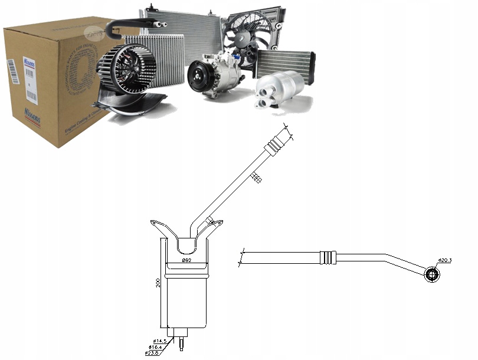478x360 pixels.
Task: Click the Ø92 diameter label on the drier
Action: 186,260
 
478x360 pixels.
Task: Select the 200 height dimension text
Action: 159,283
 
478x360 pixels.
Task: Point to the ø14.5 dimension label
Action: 159,341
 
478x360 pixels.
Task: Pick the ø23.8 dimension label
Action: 152,353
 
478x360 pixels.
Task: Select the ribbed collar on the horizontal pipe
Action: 328,257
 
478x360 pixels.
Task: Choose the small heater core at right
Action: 286,63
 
